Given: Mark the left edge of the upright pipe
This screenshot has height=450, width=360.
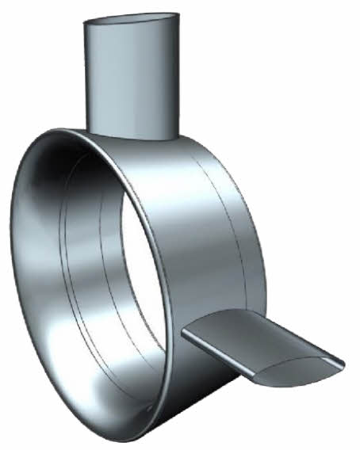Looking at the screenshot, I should (x=84, y=79).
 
